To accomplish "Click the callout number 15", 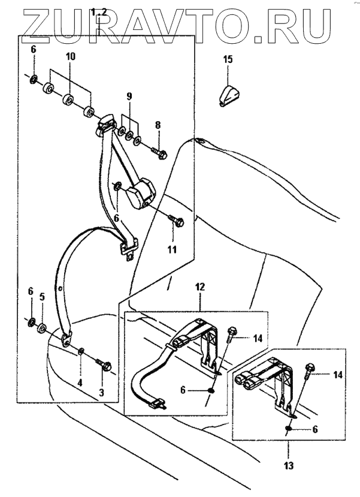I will (228, 59).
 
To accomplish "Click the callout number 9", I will (128, 96).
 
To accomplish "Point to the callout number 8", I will (158, 126).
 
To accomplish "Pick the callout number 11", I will (172, 248).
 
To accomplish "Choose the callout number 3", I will (101, 393).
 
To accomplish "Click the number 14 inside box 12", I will (257, 338).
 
